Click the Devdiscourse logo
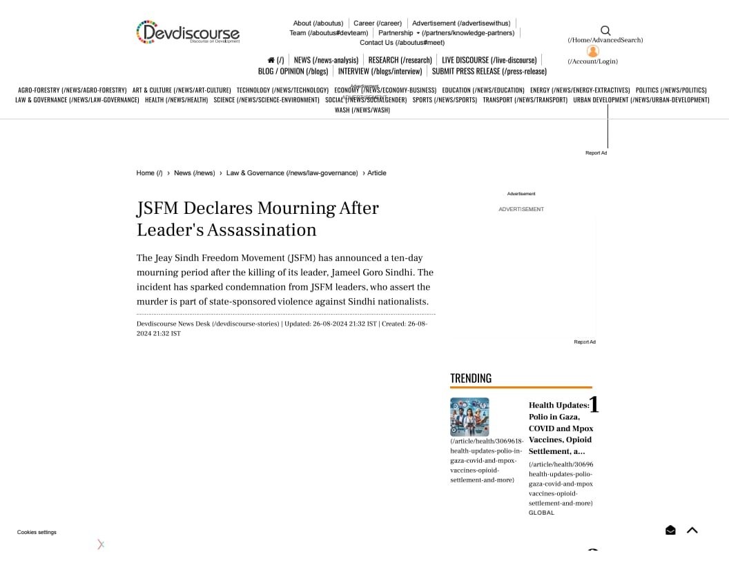click(x=188, y=32)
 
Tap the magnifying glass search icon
click(x=605, y=30)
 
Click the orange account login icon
click(x=592, y=52)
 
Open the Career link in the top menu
click(x=377, y=23)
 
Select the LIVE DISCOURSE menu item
click(x=489, y=60)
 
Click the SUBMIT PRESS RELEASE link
click(x=489, y=71)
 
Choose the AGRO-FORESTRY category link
click(x=72, y=90)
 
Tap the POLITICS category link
click(x=671, y=90)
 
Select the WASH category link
click(x=362, y=110)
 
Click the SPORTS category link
click(x=445, y=100)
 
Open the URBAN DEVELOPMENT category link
click(x=641, y=100)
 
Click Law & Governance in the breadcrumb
click(x=292, y=173)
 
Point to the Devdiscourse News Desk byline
click(x=208, y=324)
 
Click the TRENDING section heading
click(x=471, y=378)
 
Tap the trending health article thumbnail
click(x=469, y=417)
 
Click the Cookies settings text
click(x=37, y=532)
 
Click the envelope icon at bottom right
click(x=670, y=530)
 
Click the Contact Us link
click(x=402, y=43)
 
